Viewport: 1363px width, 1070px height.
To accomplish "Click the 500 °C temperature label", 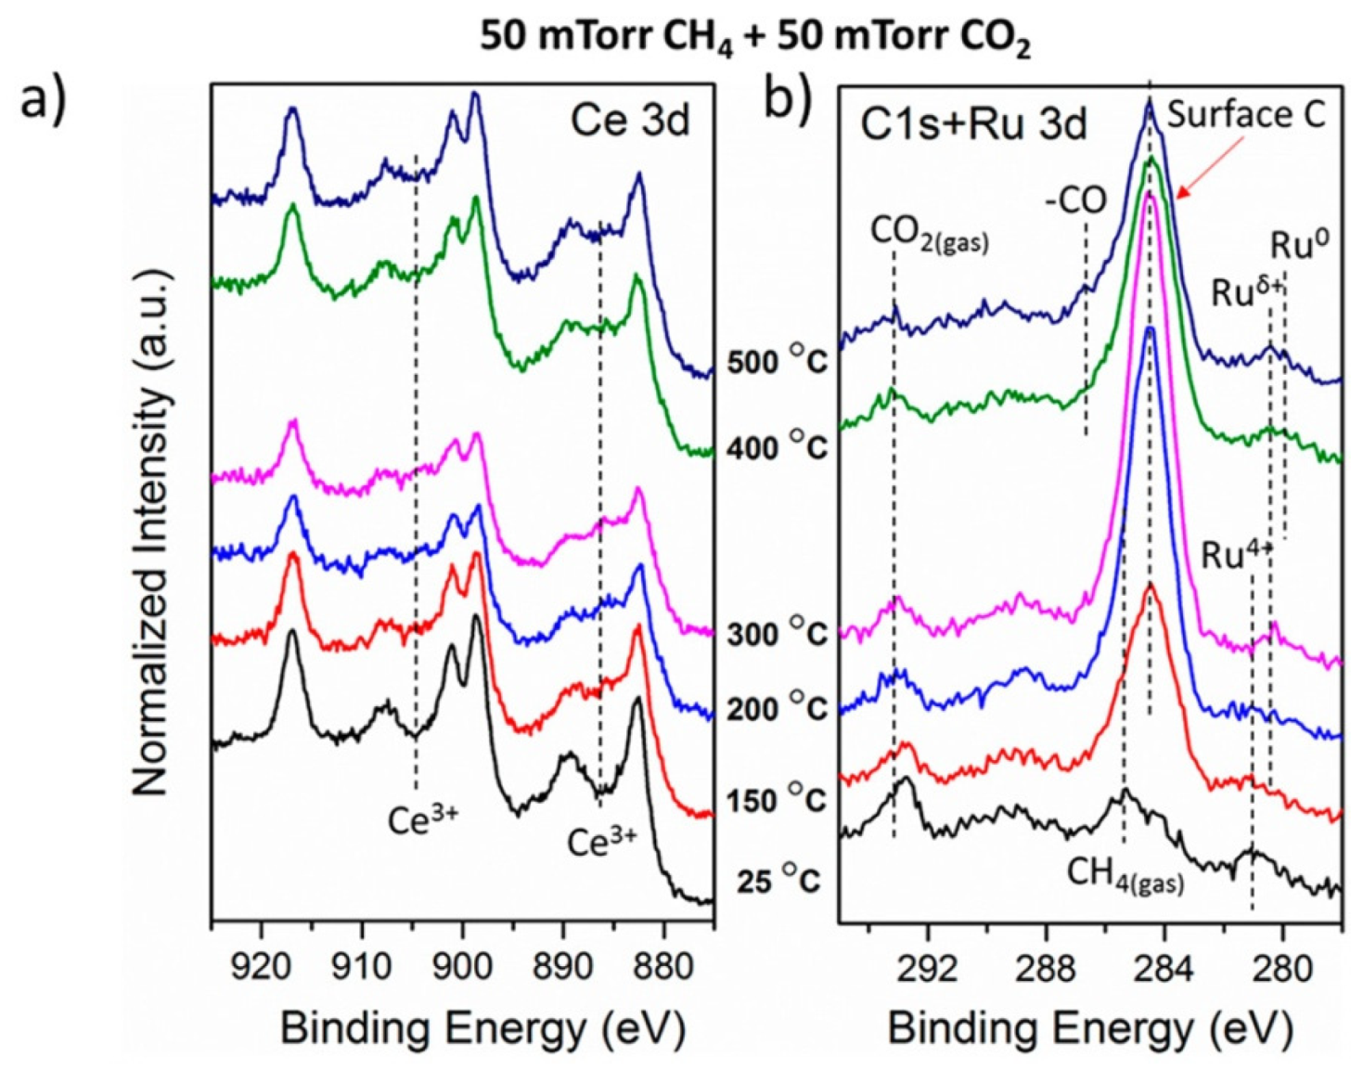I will tap(776, 360).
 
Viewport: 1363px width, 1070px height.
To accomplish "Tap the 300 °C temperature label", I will tap(776, 633).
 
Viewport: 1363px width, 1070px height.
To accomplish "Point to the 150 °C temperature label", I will tap(776, 798).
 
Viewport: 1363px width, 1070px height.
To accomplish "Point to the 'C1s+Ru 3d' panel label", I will tap(972, 123).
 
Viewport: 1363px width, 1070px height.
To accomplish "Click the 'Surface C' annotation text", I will tap(1245, 115).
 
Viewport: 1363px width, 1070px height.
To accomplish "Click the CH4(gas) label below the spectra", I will tap(1125, 874).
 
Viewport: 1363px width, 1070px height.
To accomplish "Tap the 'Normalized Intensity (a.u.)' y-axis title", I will tap(151, 534).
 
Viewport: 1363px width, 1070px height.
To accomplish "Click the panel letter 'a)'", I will tap(45, 98).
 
